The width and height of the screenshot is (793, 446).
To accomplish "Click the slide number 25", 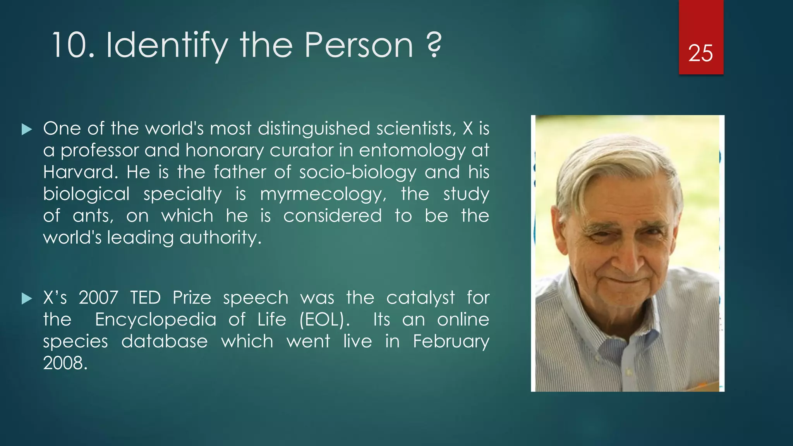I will point(700,53).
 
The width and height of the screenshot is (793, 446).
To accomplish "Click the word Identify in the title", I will point(166,46).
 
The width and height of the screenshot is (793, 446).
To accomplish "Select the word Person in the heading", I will point(359,46).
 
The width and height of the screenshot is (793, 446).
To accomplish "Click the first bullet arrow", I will point(27,129).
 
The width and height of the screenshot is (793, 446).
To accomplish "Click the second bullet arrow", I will point(27,298).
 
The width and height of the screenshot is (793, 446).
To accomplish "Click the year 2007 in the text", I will point(98,298).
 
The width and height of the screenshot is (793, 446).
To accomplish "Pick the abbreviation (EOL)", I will point(324,320).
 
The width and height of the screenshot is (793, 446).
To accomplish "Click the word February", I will point(451,341).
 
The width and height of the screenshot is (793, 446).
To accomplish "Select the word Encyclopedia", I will point(156,320).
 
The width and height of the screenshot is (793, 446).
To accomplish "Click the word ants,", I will point(93,216).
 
